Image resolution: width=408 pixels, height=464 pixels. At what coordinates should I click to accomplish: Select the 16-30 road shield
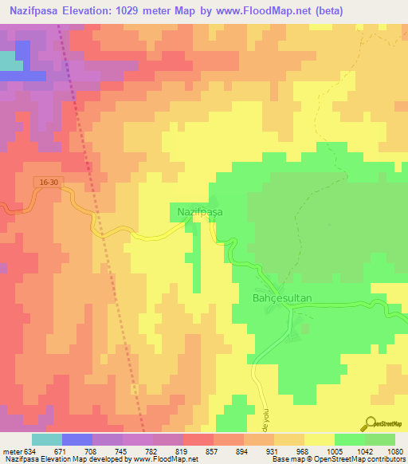click(48, 183)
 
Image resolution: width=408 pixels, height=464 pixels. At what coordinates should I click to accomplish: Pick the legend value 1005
click(334, 450)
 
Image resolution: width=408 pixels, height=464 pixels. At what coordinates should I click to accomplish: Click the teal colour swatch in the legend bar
click(47, 439)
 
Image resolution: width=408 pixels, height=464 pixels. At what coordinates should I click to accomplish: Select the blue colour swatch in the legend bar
click(77, 439)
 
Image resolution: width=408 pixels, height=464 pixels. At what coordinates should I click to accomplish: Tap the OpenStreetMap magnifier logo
click(369, 424)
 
